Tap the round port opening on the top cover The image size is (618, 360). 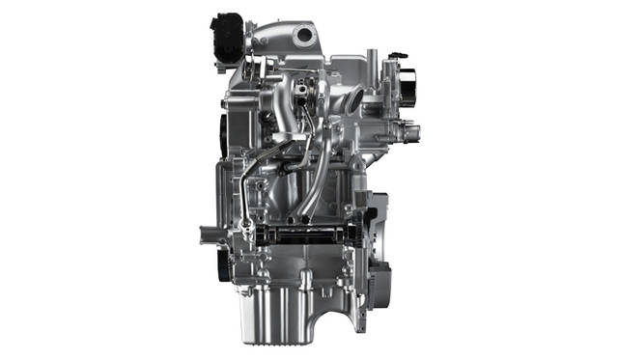click(306, 36)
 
